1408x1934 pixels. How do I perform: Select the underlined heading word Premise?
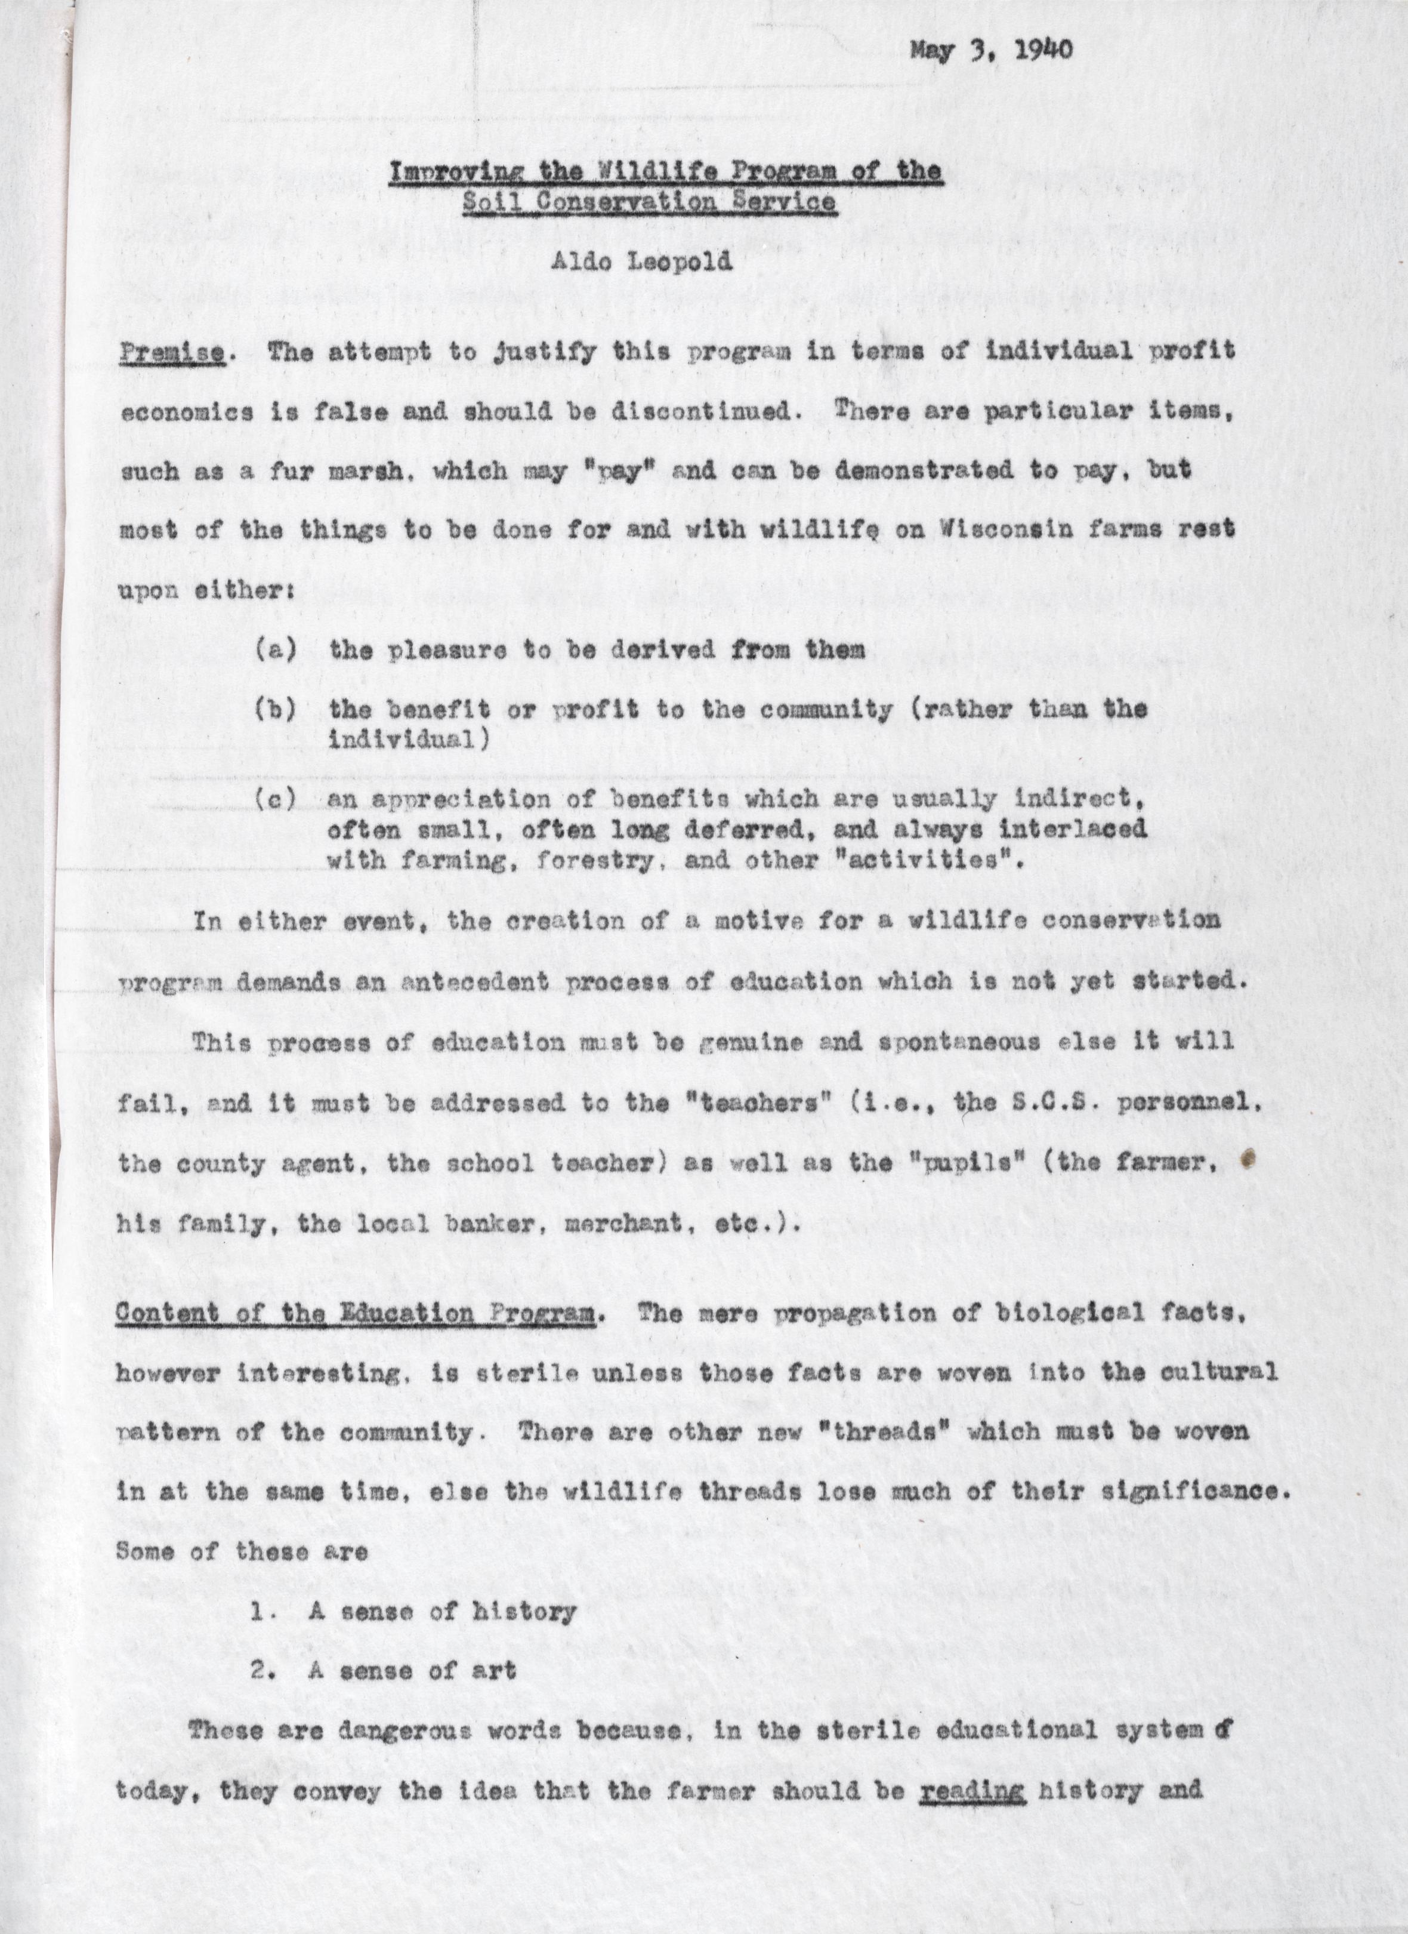coord(172,352)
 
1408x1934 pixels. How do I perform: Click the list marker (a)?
coord(275,650)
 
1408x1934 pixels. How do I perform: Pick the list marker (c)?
coord(275,799)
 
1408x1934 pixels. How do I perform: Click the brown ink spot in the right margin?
coord(1249,1158)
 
